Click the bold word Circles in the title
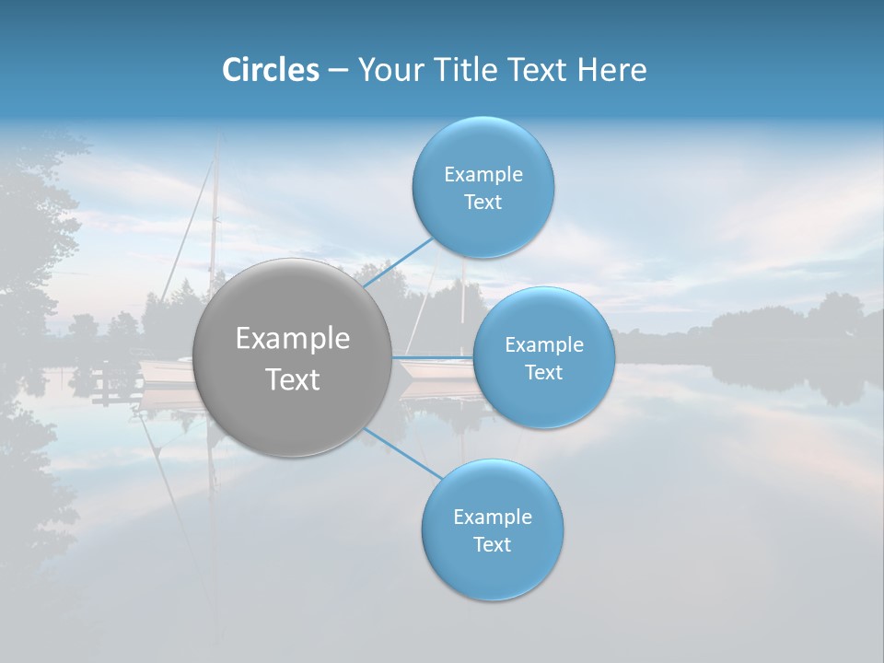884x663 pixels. coord(270,70)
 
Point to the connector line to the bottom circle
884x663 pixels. coord(403,453)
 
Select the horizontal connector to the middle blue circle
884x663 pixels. coord(433,357)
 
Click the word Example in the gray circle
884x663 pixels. coord(292,339)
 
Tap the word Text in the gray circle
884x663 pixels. coord(292,379)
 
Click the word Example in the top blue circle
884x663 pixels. coord(483,174)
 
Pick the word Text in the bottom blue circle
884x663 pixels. coord(492,544)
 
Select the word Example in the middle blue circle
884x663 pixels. coord(543,344)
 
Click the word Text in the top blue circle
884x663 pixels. coord(483,202)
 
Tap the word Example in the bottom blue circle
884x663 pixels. coord(492,517)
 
